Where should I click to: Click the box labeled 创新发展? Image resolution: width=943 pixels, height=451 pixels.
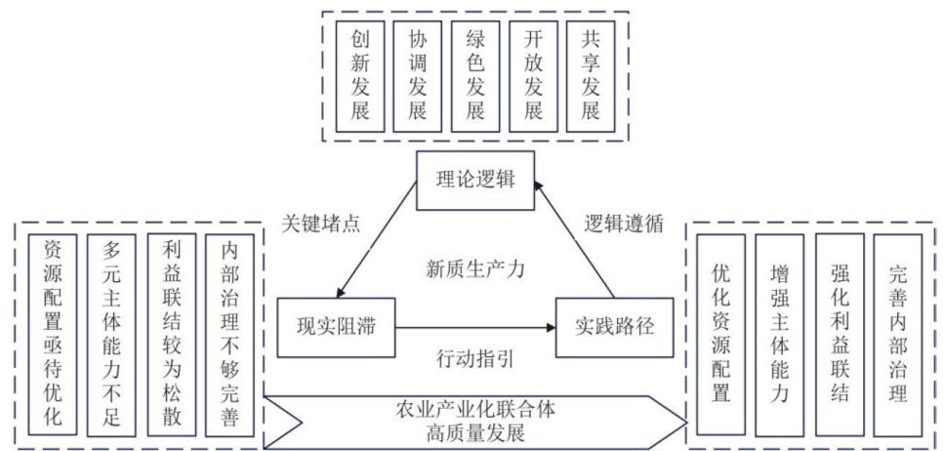tap(360, 74)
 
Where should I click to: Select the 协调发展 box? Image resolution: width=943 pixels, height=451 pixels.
tap(418, 74)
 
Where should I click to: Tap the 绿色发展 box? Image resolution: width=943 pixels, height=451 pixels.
tap(475, 74)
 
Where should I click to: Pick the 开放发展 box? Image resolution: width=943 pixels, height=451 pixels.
tap(533, 74)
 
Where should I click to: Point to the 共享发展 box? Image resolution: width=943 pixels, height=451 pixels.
tap(591, 74)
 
